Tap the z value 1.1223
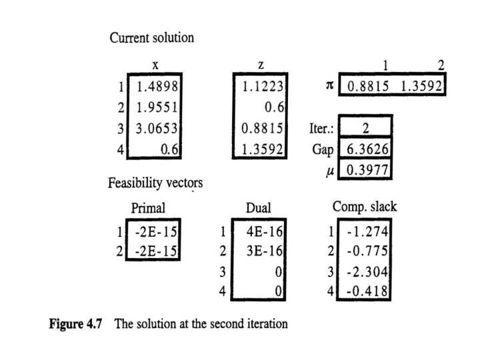point(263,86)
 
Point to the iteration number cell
point(365,127)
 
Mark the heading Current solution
point(151,37)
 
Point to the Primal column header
point(149,208)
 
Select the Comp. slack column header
point(364,207)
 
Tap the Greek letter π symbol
point(329,87)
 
